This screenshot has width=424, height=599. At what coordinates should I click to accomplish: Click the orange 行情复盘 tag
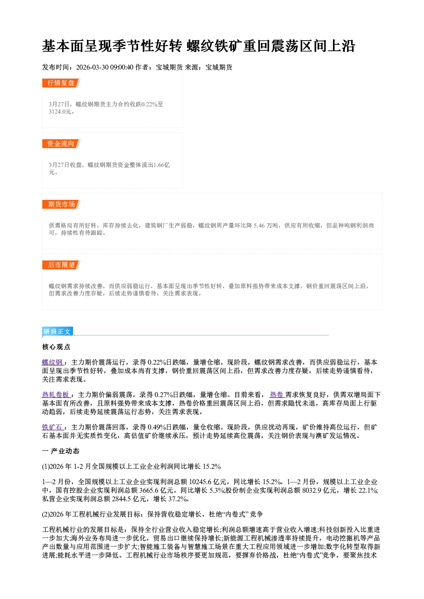point(61,83)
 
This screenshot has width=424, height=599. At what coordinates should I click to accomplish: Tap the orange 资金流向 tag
point(61,143)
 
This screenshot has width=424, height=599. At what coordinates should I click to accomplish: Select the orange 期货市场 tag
point(61,205)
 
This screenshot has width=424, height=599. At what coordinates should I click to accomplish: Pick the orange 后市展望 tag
point(61,265)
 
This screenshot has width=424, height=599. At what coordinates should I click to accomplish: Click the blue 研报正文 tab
point(57,332)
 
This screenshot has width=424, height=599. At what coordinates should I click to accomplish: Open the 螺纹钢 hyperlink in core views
point(53,362)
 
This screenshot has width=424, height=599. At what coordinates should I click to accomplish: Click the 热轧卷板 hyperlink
point(56,394)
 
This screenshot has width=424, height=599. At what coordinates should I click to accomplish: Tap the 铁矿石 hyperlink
point(53,427)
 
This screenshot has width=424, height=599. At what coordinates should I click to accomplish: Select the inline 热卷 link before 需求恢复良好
point(277,394)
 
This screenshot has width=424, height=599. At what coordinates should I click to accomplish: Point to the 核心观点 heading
point(56,347)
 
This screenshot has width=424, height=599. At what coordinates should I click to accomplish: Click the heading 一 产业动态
point(61,451)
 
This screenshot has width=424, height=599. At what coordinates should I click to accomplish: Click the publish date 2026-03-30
point(92,67)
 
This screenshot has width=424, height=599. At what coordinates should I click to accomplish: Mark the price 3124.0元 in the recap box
point(60,111)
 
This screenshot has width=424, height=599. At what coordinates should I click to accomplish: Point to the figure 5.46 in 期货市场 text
point(259,225)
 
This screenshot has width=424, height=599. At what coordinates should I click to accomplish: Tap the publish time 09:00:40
point(121,67)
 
